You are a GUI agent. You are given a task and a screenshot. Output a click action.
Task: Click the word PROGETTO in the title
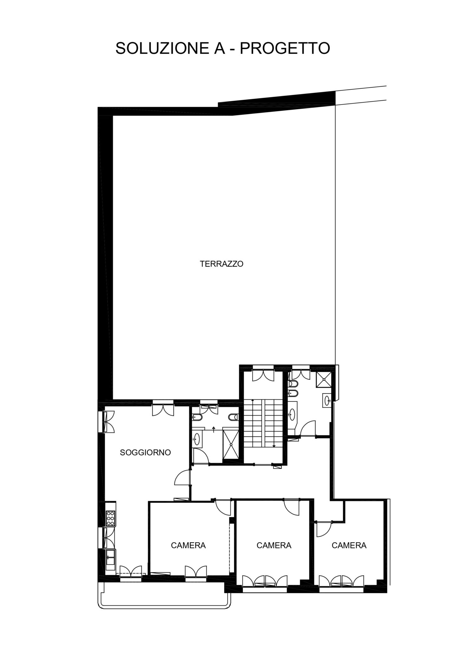(x=285, y=48)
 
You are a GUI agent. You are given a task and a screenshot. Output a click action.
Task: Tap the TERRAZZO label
(x=221, y=264)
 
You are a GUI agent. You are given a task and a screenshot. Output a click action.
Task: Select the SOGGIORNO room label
(x=145, y=452)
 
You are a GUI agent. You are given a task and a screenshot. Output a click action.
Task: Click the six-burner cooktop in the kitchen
(x=111, y=518)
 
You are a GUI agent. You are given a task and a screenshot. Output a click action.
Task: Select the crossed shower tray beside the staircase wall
(x=231, y=443)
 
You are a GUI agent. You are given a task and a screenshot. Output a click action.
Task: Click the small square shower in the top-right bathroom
(x=323, y=379)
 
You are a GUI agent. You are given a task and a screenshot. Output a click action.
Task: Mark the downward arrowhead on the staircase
(x=274, y=446)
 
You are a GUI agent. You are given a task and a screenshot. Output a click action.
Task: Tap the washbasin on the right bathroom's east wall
(x=327, y=401)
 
